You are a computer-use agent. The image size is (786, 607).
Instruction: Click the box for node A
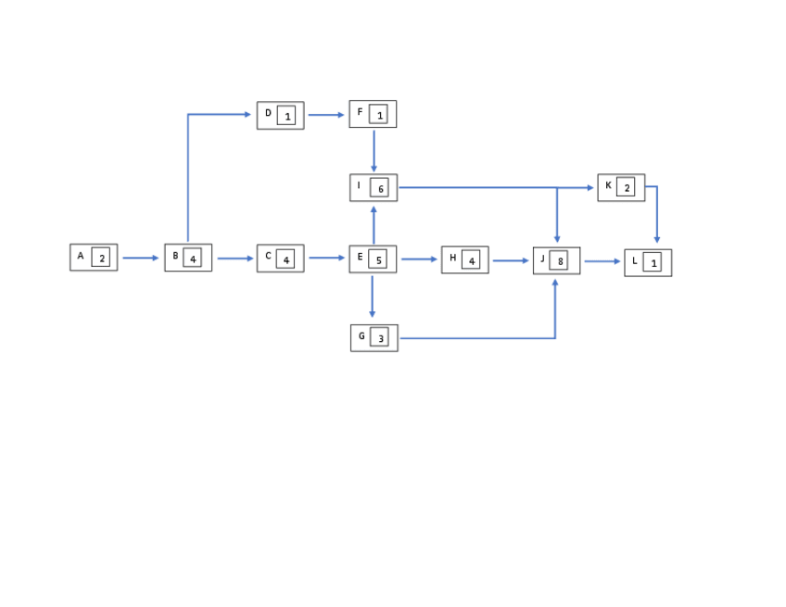coord(94,257)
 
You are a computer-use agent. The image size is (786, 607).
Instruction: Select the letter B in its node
coord(175,256)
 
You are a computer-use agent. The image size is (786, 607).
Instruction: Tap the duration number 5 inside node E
coord(378,260)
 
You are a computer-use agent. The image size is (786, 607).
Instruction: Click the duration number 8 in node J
coord(560,262)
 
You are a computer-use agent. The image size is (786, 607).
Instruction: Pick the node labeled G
coord(374,337)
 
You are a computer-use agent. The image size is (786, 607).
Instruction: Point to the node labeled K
coord(621,187)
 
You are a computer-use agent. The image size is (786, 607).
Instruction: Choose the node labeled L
coord(648,262)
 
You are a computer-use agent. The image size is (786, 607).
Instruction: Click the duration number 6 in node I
coord(379,189)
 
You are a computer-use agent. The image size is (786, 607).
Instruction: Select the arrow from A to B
coord(141,258)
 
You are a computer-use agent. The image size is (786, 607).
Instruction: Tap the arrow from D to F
coord(325,115)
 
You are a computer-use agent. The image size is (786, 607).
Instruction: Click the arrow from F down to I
coord(374,150)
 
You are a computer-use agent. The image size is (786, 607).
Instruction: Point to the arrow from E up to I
coord(374,224)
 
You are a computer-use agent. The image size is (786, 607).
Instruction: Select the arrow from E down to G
coord(373,297)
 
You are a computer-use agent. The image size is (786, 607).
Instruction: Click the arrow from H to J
coord(510,260)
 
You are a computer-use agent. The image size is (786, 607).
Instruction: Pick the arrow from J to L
coord(602,261)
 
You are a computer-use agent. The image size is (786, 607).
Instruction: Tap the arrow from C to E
coord(326,258)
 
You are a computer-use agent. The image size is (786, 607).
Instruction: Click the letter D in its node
coord(268,113)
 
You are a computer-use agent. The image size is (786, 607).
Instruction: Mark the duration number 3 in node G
coord(379,339)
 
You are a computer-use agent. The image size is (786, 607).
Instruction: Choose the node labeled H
coord(464,259)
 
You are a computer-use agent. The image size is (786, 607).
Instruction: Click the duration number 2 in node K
coord(627,188)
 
